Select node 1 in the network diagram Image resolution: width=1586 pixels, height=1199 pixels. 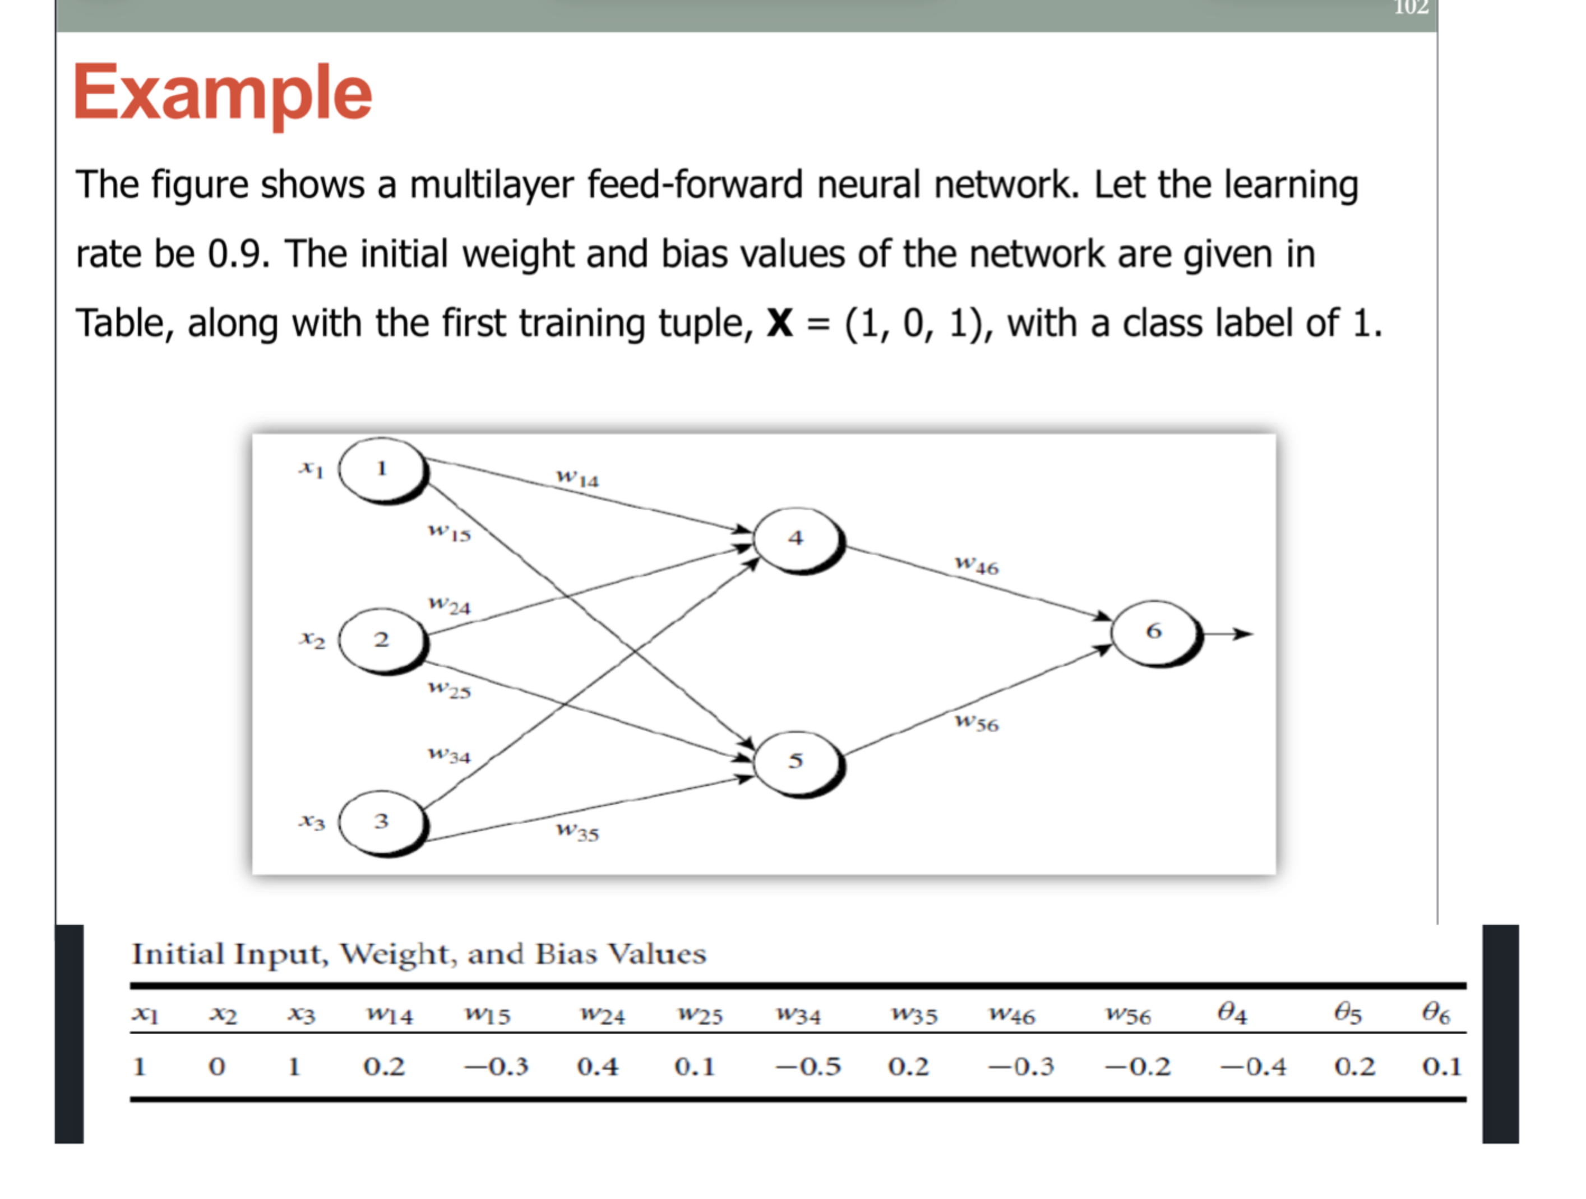pos(382,470)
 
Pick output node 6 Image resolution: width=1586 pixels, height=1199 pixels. pos(1154,632)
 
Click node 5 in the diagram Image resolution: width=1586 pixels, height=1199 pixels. pos(797,761)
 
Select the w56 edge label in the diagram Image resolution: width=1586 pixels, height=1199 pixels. pos(977,722)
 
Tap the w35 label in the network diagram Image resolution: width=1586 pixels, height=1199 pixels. pos(578,832)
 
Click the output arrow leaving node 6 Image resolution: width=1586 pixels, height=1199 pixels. pos(1229,634)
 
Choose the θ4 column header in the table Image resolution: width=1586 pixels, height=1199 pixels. pos(1232,1013)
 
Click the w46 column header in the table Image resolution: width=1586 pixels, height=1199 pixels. pos(1012,1014)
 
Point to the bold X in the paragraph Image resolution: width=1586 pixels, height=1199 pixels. pos(779,324)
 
